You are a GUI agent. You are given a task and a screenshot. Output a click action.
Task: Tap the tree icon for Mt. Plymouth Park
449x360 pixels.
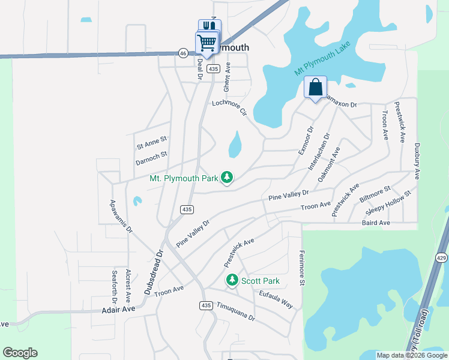[227, 178]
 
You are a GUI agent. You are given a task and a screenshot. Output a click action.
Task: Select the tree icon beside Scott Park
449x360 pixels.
[232, 280]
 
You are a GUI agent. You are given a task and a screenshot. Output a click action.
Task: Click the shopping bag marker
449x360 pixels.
[315, 88]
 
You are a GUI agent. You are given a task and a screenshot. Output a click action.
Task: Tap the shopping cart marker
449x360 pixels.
[206, 44]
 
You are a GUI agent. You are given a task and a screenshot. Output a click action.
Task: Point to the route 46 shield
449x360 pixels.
[182, 53]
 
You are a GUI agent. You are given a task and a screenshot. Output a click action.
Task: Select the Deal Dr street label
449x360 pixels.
[200, 68]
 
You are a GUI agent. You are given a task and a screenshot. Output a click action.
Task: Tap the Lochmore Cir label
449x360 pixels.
[230, 107]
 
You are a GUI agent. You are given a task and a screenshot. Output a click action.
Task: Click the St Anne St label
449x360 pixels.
[151, 142]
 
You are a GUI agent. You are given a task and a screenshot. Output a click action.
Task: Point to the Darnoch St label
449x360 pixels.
[151, 158]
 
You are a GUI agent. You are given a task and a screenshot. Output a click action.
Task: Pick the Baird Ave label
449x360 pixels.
[376, 223]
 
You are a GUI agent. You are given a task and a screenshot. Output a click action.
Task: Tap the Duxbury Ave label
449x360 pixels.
[415, 161]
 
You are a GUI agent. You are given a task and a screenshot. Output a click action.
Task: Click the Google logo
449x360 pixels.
[20, 353]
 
